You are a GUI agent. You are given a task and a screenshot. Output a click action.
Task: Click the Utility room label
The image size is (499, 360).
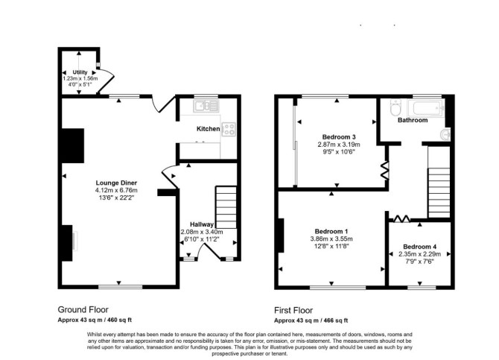tap(80, 72)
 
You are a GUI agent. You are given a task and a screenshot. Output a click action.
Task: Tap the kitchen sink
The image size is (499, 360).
tap(206, 106)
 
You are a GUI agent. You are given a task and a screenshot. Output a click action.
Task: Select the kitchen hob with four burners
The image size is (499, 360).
tap(229, 129)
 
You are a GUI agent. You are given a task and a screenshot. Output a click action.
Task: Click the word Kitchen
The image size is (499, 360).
tap(208, 129)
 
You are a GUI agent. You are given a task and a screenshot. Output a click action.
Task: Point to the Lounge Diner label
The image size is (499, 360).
tap(116, 183)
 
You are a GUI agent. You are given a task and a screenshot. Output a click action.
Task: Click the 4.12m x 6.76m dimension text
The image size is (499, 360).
tap(116, 190)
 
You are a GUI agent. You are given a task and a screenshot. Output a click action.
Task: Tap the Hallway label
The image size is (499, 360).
tap(202, 224)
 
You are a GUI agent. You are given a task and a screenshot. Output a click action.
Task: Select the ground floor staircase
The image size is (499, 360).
tap(226, 207)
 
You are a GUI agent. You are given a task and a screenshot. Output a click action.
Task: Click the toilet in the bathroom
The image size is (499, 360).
tap(395, 107)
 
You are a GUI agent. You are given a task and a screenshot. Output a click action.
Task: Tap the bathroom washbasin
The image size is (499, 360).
tap(445, 134)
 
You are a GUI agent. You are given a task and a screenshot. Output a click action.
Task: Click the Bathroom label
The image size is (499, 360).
tap(413, 120)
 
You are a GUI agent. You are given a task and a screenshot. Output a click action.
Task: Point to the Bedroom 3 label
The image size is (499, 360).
tap(339, 137)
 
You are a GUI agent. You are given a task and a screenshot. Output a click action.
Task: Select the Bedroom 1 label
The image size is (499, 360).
tap(331, 231)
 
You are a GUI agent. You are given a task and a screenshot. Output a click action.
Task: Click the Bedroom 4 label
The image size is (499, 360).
tap(420, 247)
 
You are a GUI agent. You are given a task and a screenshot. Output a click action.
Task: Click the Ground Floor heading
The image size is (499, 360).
tap(83, 309)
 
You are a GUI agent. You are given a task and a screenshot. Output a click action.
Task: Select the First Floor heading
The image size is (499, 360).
tap(293, 310)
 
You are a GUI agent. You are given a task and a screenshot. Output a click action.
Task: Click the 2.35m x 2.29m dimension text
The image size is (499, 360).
tap(420, 254)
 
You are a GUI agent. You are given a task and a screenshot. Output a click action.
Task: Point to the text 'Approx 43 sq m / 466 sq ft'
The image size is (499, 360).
tap(311, 320)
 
